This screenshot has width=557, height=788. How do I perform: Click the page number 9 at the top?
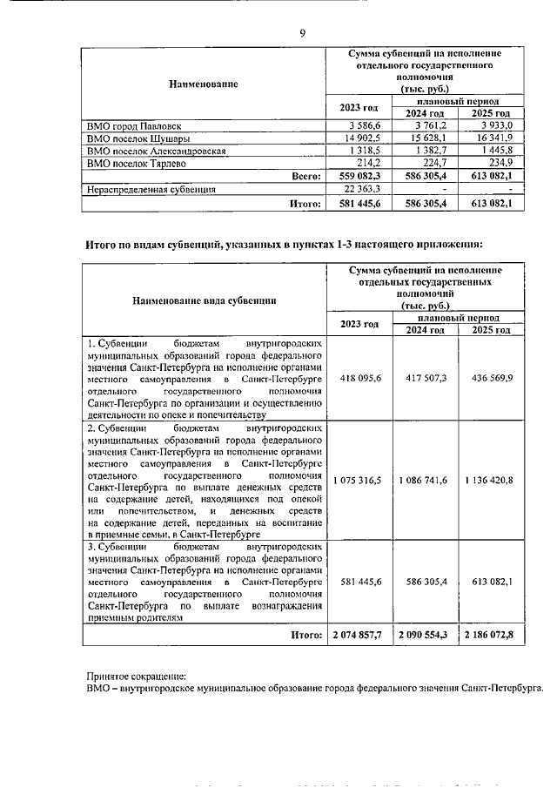click(x=302, y=33)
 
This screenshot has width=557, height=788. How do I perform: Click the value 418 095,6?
click(x=359, y=379)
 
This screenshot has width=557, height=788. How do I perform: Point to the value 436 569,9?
click(x=488, y=379)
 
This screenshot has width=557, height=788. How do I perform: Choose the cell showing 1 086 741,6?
click(x=423, y=480)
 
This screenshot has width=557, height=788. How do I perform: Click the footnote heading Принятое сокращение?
click(x=137, y=675)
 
